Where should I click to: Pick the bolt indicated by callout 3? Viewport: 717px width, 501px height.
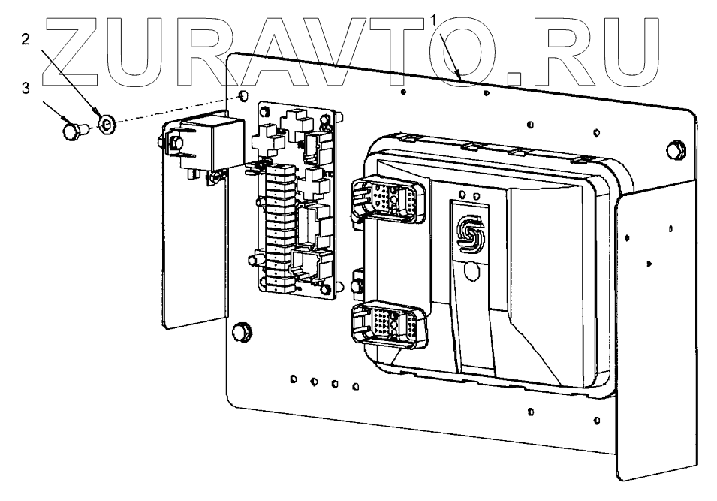pyautogui.click(x=72, y=132)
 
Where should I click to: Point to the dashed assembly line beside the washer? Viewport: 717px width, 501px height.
pyautogui.click(x=173, y=108)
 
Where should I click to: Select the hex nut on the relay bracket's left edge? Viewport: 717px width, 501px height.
pyautogui.click(x=168, y=140)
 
